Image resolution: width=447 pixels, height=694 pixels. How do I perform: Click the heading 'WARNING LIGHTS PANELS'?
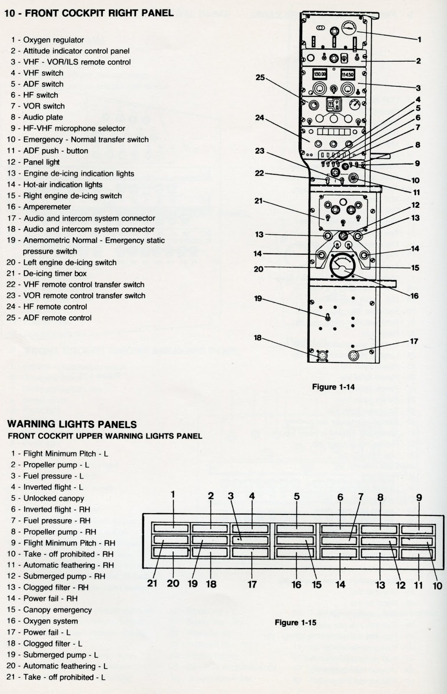(72, 424)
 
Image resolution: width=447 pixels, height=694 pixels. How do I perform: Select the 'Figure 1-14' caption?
(333, 387)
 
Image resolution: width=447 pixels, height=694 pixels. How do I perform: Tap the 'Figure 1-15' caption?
(296, 622)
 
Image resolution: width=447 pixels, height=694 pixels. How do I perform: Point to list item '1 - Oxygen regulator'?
(47, 40)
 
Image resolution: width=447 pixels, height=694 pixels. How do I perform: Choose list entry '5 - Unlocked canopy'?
(47, 498)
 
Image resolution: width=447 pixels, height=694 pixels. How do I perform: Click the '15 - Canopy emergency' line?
(49, 609)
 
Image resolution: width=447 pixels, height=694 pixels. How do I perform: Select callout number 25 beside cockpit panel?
(260, 78)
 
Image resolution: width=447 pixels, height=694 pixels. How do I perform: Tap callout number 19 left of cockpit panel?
(258, 298)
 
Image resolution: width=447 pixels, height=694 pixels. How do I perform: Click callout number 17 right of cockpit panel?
(414, 341)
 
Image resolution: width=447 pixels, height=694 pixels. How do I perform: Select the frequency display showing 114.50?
(347, 74)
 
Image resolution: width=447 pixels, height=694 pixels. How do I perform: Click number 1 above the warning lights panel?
(173, 494)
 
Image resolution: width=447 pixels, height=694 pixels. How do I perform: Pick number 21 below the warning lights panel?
(152, 583)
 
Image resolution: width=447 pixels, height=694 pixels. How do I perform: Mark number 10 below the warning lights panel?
(437, 586)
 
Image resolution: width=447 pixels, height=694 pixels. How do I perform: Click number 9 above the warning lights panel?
(419, 498)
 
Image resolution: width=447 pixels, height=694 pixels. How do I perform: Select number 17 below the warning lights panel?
(252, 584)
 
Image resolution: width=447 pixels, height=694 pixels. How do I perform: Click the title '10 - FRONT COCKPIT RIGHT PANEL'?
(89, 13)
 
